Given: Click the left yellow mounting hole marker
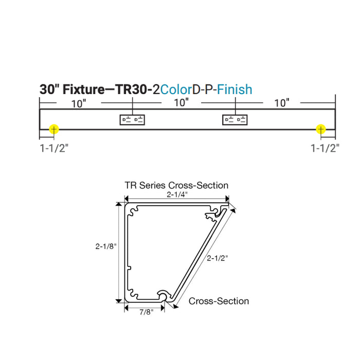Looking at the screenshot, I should [x=53, y=129].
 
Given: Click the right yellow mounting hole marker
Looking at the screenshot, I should [x=321, y=129].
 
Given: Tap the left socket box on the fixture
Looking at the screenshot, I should [x=133, y=120].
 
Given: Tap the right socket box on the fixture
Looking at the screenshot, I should [x=235, y=120].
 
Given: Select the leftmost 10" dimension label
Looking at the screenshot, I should [x=79, y=103].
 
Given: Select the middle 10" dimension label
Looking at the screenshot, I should [x=181, y=103].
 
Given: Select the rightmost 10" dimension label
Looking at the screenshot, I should [x=281, y=103].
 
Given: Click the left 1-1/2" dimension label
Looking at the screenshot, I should [x=54, y=149].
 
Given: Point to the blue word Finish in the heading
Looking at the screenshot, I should [x=235, y=89].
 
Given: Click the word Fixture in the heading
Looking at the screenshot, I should [x=82, y=89].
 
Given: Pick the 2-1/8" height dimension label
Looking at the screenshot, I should [x=106, y=246].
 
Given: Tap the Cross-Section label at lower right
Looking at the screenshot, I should [x=219, y=301].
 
